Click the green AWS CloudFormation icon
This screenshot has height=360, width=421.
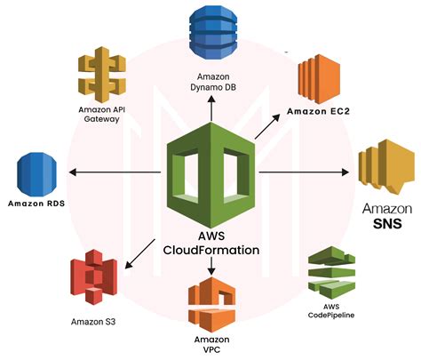coord(210,174)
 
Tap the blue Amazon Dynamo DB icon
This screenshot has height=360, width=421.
coord(210,33)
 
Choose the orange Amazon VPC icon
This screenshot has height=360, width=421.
coord(210,303)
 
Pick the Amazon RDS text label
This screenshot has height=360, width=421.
coord(38,204)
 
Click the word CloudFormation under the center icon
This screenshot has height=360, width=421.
coord(211,250)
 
